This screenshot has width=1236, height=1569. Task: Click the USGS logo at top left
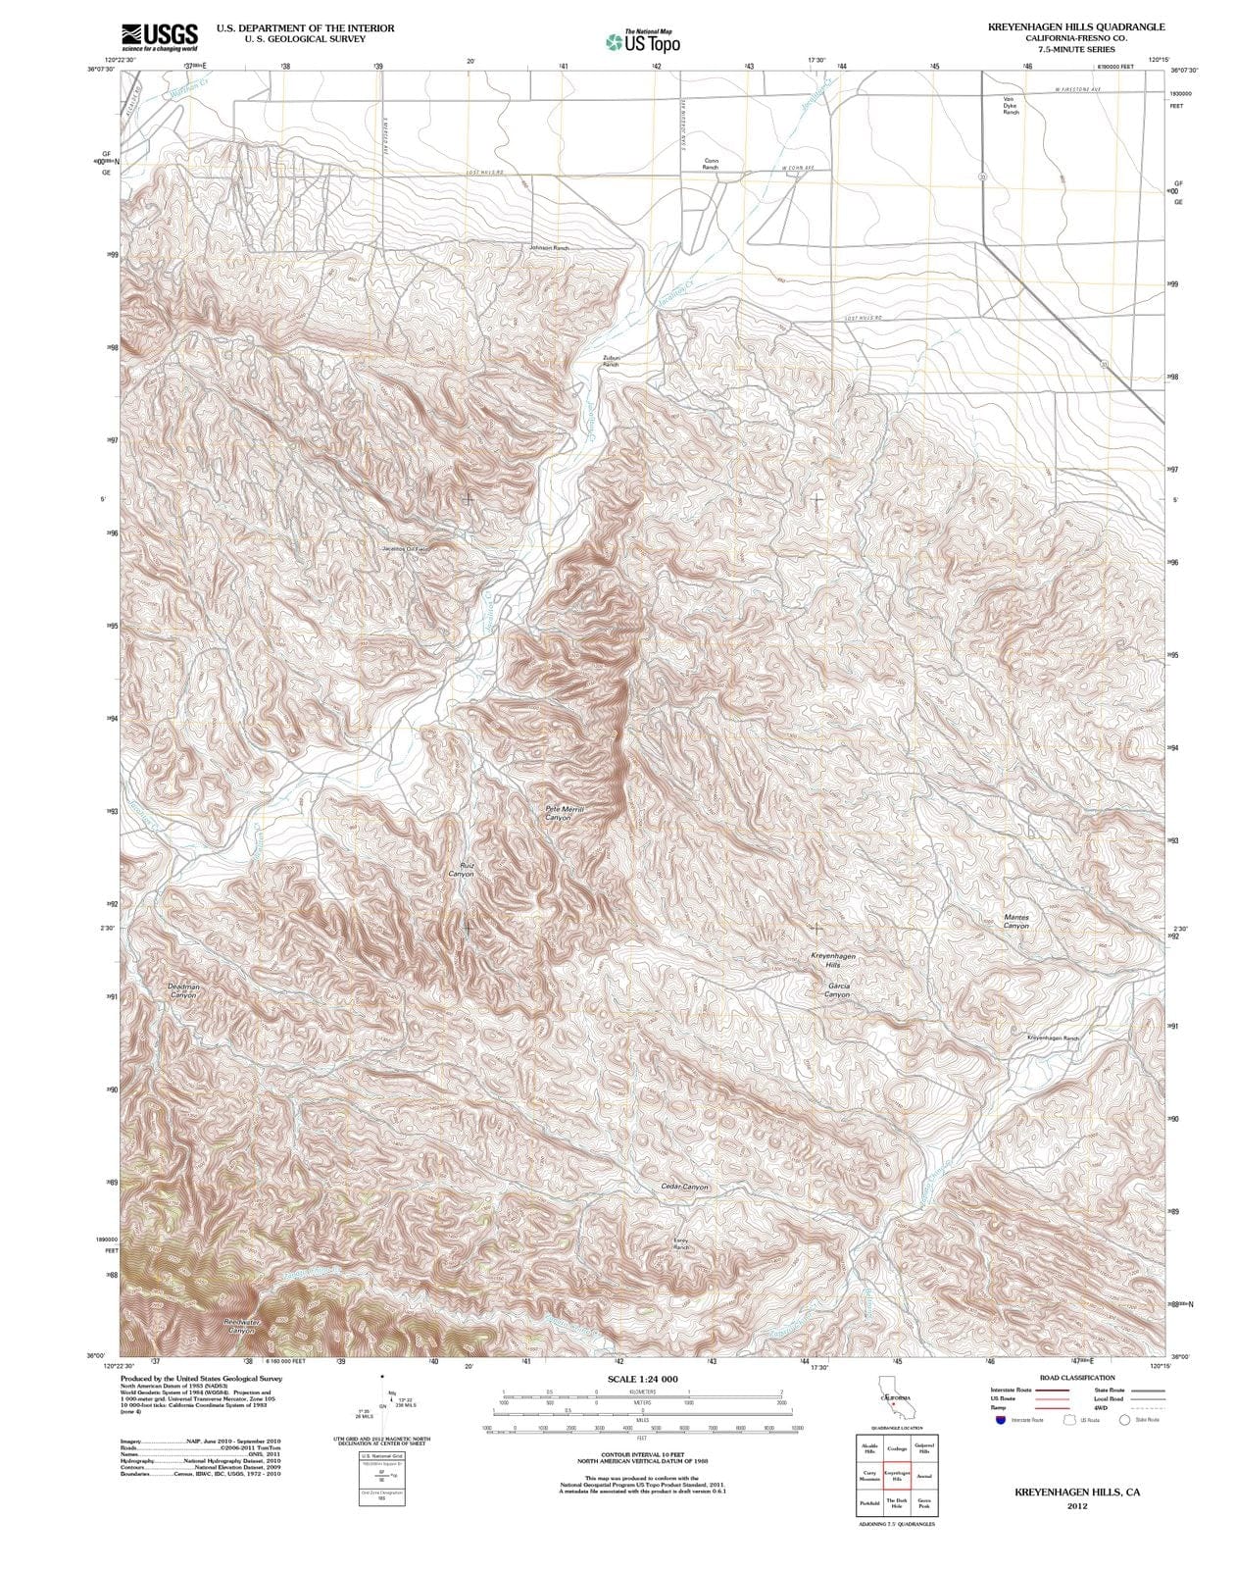[x=159, y=36]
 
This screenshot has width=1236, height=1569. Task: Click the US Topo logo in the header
[x=642, y=41]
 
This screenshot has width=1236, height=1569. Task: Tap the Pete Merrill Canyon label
[x=558, y=813]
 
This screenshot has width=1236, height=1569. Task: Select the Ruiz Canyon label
[x=463, y=870]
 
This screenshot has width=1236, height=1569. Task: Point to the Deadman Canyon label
[x=183, y=990]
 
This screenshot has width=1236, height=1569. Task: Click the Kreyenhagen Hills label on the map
[x=833, y=960]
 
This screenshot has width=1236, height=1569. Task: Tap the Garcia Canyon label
[x=837, y=989]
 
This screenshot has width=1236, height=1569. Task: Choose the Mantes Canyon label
[x=1016, y=921]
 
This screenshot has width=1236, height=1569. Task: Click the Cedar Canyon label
[x=684, y=1188]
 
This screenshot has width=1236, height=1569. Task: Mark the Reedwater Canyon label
[x=241, y=1326]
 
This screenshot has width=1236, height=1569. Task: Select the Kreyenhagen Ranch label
[x=1053, y=1038]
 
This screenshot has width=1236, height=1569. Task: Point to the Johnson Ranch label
[x=549, y=248]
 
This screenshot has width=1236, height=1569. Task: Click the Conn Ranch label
[x=711, y=164]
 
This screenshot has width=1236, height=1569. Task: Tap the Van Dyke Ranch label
[x=1010, y=106]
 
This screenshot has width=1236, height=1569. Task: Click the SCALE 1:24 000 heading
[x=642, y=1379]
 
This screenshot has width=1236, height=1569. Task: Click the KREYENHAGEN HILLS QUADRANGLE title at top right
[x=1076, y=26]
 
